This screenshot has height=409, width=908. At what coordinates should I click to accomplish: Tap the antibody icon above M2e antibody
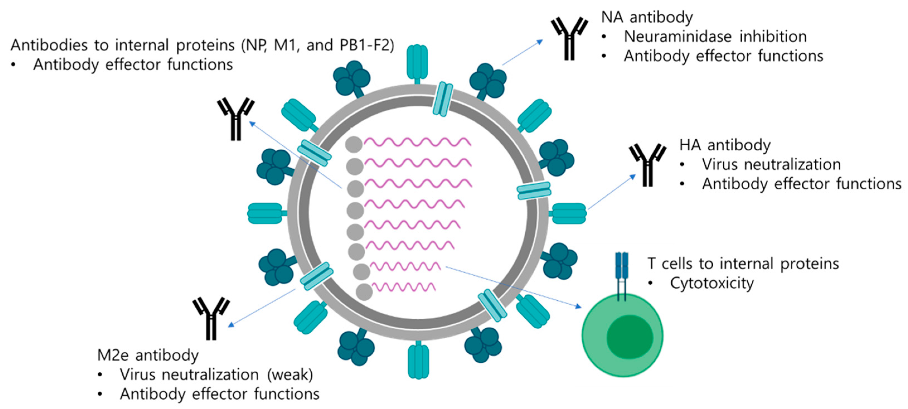(211, 319)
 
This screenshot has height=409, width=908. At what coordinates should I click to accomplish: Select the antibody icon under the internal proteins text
(236, 119)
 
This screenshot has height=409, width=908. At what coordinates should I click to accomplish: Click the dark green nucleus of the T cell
(630, 337)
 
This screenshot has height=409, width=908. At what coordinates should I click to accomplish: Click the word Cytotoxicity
(712, 283)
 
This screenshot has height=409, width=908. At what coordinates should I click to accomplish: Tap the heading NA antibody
(647, 17)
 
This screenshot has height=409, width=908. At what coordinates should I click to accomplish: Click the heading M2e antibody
(148, 355)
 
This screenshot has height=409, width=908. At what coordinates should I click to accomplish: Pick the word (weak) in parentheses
(290, 374)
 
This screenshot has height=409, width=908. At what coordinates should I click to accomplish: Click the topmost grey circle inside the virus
(354, 145)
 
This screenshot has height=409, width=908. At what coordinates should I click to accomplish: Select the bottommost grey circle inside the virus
(364, 292)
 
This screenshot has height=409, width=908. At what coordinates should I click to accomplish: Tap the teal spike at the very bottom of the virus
(418, 361)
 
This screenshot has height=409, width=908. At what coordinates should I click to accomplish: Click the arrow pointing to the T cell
(513, 287)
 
